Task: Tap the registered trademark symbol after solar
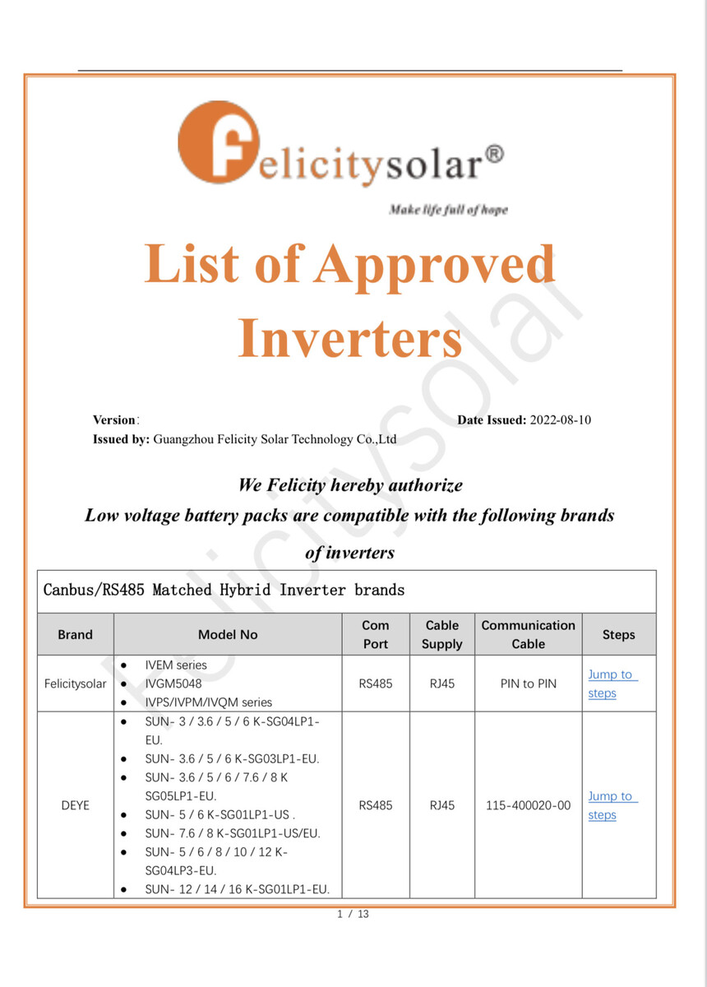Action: [x=492, y=155]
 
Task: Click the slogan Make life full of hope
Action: [x=448, y=210]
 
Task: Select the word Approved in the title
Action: [x=435, y=266]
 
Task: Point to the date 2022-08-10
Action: [x=561, y=420]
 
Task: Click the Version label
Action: [x=113, y=420]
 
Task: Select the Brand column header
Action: [x=76, y=635]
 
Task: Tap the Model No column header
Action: [x=228, y=635]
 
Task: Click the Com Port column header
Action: [x=376, y=635]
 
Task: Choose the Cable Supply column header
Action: [x=442, y=635]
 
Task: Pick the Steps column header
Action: [x=618, y=635]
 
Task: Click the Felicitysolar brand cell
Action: [x=76, y=683]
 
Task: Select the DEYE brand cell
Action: [x=76, y=806]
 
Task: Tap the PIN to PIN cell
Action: [x=528, y=683]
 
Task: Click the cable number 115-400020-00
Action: [x=528, y=806]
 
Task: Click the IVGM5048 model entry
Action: [x=173, y=683]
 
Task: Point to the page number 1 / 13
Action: [x=353, y=914]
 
